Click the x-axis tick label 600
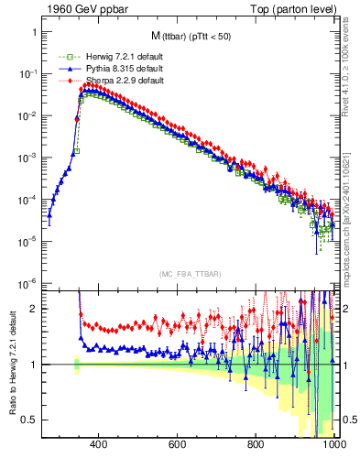click(x=178, y=445)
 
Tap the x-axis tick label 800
click(x=256, y=445)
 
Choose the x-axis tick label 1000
click(x=333, y=445)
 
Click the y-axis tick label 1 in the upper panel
click(x=34, y=32)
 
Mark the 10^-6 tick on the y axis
click(x=27, y=282)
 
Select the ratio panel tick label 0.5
click(x=30, y=420)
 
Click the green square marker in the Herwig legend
click(x=62, y=58)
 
